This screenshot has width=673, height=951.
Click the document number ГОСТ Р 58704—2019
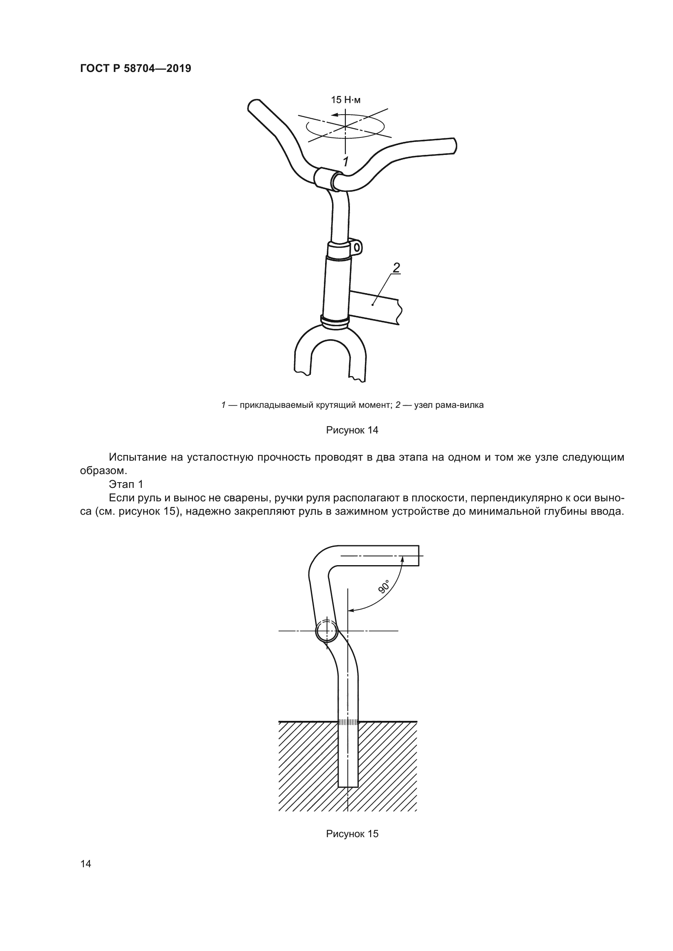pos(135,69)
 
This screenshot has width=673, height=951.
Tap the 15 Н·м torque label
pos(345,100)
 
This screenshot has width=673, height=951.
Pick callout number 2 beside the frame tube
pos(396,268)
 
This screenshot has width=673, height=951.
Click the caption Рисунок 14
pos(352,430)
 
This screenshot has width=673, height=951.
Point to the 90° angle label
pos(384,587)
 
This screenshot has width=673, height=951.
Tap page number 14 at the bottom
pos(86,875)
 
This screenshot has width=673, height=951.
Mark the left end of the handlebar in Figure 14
pos(253,105)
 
